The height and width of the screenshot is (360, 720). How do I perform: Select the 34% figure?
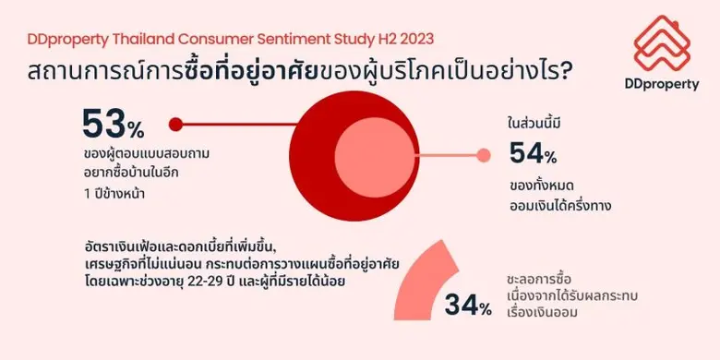coord(468,306)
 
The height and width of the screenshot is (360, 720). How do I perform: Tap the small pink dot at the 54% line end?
coord(481,156)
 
